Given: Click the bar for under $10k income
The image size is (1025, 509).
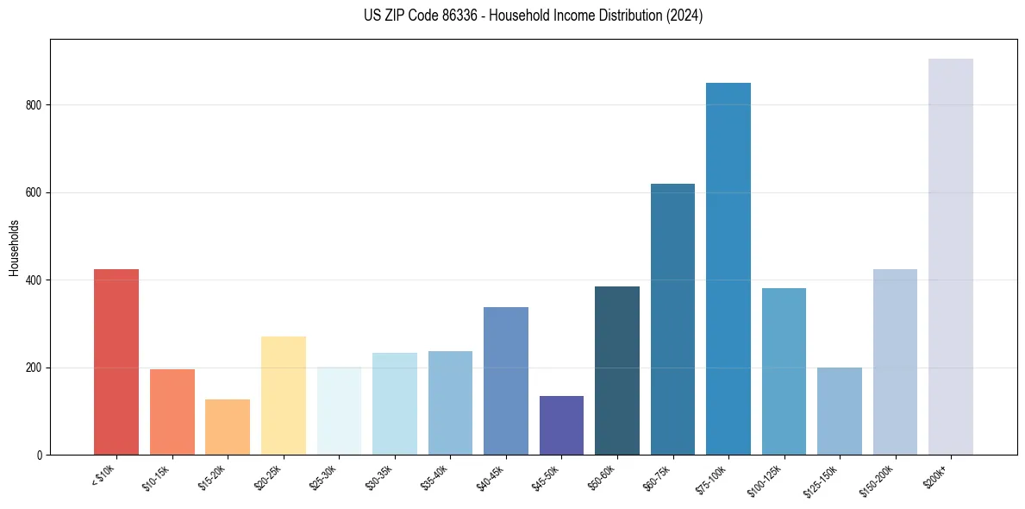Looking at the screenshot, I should coord(116,362).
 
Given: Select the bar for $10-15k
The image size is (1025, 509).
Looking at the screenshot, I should coord(172,412).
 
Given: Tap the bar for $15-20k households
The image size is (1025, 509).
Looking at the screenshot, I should coord(228,427).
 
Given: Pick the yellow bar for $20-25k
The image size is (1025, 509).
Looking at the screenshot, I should coord(283,396).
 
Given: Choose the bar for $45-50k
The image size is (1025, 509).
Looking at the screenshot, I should coord(561,425).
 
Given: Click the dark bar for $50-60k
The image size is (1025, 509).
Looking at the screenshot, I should coord(617,371).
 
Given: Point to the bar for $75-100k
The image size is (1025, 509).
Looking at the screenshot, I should coord(728,269).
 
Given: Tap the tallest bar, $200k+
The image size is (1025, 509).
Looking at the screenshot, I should coord(951,257).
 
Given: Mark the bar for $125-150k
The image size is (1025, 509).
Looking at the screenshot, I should coord(840,412).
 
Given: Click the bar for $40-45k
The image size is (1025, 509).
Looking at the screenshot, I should coord(506,381).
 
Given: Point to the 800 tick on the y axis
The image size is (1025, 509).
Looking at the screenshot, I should coord(35,105).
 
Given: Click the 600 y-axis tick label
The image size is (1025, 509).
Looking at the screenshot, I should coord(35,192).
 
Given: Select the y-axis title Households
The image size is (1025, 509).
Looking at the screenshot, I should coord(15,248).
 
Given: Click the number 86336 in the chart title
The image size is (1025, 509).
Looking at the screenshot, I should coord(441,16).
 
